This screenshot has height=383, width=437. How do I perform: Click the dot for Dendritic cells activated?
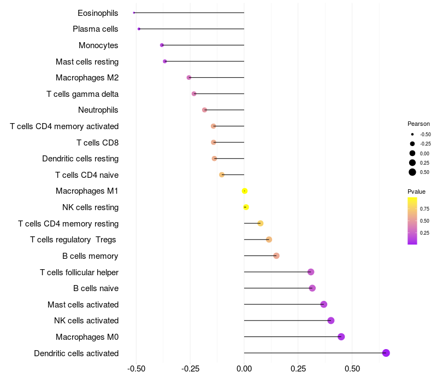[x=386, y=353]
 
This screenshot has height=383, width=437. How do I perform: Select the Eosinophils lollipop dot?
[x=134, y=13]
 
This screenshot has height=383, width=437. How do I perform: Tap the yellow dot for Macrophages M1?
[x=245, y=191]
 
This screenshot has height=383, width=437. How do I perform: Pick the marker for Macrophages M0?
[x=341, y=336]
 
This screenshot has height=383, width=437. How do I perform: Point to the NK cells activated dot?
[x=331, y=321]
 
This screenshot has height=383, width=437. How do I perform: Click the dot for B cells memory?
[x=276, y=256]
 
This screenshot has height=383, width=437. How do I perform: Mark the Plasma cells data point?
[x=139, y=29]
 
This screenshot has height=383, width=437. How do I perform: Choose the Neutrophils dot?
[x=205, y=110]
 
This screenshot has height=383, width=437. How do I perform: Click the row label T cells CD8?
[x=97, y=143]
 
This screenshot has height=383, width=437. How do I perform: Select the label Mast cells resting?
[x=87, y=61]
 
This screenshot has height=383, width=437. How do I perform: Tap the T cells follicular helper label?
[x=79, y=272]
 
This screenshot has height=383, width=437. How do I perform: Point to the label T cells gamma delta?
[x=82, y=94]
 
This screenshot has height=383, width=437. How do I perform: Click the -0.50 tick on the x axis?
[x=136, y=369]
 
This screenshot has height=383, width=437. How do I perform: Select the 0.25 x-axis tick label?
[x=298, y=369]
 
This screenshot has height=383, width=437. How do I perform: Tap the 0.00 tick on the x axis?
[x=244, y=369]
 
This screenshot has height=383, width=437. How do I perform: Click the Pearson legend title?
[x=418, y=124]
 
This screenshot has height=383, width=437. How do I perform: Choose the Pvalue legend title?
[x=416, y=191]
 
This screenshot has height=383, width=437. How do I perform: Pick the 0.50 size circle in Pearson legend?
[x=412, y=172]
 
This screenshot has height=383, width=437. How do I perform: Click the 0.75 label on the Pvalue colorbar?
[x=425, y=208]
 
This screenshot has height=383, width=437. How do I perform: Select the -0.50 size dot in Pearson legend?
[x=412, y=134]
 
